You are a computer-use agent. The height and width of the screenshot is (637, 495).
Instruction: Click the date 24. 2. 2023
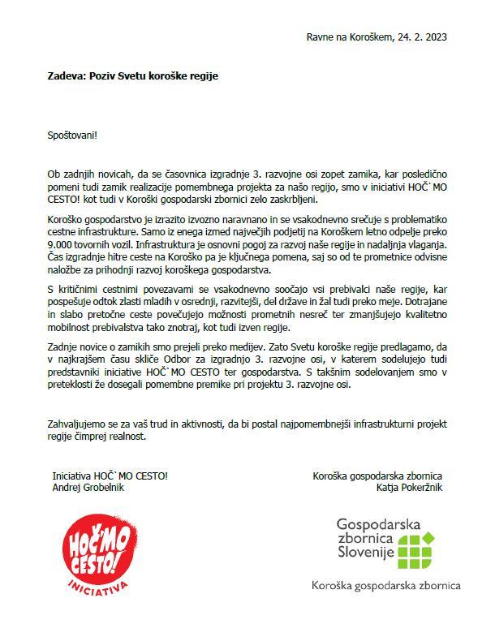421,37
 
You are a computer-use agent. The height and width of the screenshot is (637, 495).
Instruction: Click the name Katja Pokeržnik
409,488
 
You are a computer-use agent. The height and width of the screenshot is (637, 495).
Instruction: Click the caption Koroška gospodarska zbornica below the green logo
386,584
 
